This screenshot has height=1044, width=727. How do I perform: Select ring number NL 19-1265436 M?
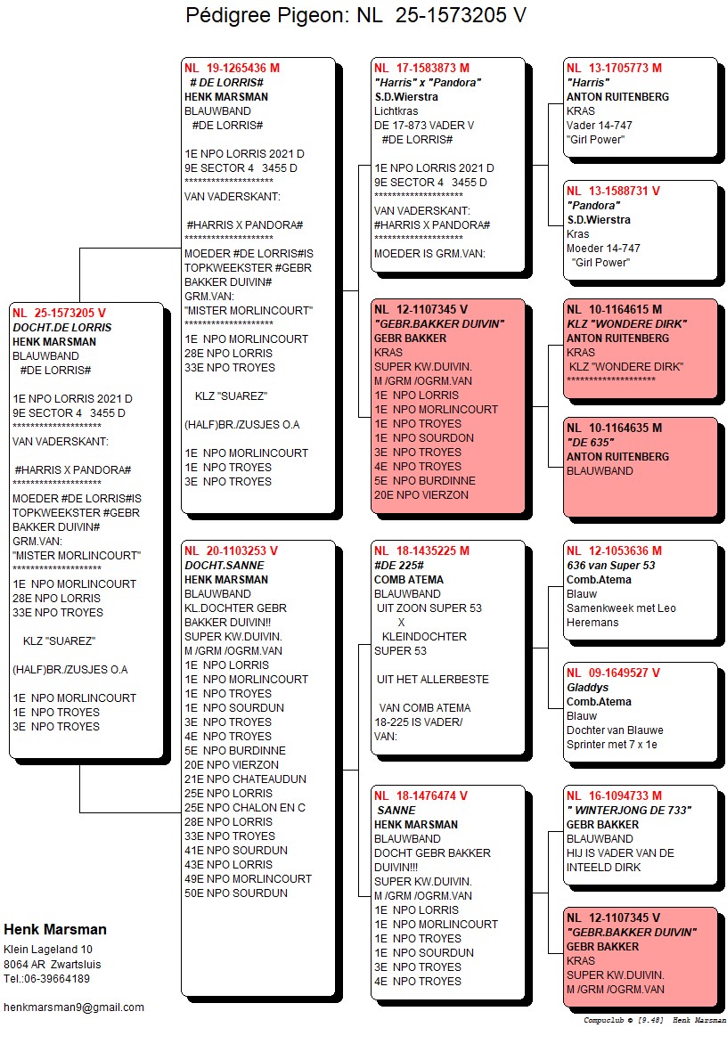(232, 68)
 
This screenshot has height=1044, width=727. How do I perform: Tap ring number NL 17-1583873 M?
(421, 68)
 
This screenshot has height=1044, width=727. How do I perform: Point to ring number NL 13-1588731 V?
(613, 191)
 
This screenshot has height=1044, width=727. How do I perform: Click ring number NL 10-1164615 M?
(614, 309)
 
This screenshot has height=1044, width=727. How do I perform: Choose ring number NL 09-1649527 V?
(613, 673)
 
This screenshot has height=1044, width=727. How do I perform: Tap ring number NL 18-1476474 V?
(421, 795)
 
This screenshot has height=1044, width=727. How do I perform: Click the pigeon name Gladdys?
(588, 688)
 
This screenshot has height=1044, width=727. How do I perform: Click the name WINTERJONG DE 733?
(628, 811)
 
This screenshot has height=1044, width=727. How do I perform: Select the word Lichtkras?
(396, 111)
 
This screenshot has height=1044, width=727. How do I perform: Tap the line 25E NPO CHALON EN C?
(245, 808)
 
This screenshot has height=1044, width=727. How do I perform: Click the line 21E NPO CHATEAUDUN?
(245, 779)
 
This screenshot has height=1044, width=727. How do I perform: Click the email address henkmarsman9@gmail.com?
(74, 1007)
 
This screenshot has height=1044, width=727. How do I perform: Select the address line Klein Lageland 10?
(48, 950)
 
